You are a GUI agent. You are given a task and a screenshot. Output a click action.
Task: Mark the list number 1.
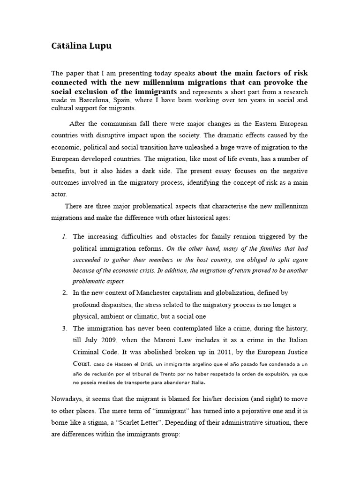(65, 236)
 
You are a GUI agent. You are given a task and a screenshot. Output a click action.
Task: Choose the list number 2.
(65, 293)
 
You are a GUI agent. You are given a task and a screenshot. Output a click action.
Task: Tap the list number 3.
(65, 328)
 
